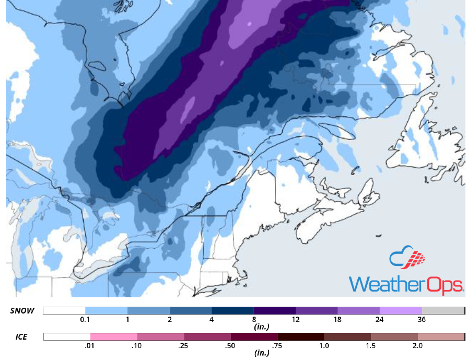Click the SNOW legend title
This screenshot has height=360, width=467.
(22, 310)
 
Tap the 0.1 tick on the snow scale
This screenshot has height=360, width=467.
(85, 319)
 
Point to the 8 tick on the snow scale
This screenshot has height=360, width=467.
(254, 319)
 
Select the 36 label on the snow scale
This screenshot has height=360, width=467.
(422, 319)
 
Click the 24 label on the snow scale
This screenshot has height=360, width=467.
(380, 319)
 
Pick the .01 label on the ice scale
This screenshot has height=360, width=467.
(90, 345)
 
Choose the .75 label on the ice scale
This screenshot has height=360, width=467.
(277, 345)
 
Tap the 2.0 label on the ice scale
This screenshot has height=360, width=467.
(417, 345)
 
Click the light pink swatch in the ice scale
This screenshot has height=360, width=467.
(114, 336)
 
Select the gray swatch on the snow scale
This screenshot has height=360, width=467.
(443, 310)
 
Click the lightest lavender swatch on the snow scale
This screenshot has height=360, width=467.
(401, 310)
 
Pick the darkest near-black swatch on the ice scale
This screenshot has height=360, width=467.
(301, 336)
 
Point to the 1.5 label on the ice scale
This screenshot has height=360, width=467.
(371, 345)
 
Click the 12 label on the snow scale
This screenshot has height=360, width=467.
(296, 319)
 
